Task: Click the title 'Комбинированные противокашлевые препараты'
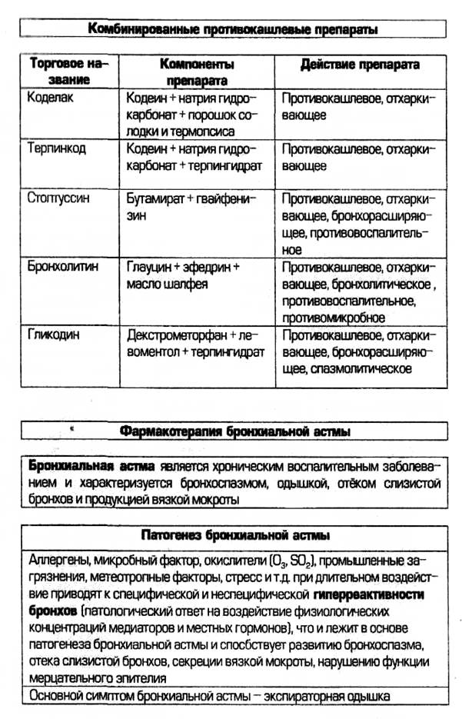[233, 29]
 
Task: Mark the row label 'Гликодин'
[52, 335]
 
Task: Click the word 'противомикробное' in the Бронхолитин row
[334, 317]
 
